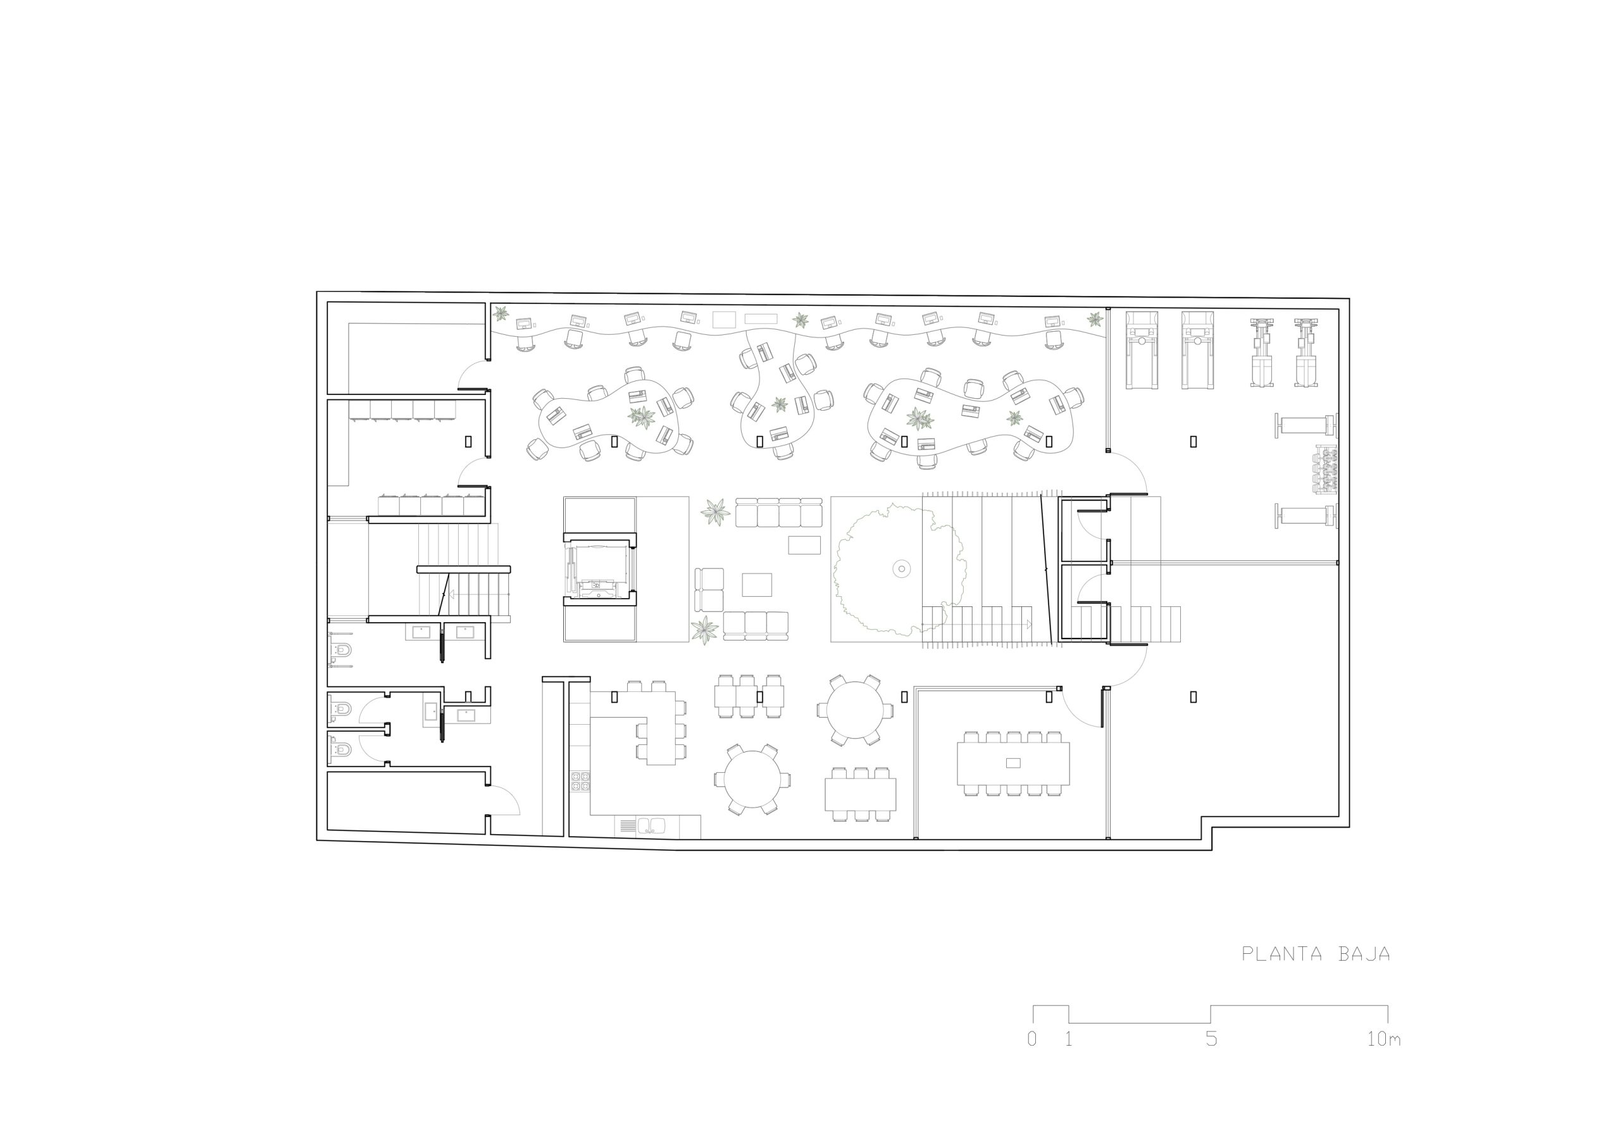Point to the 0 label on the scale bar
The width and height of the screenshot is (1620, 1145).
click(1032, 1039)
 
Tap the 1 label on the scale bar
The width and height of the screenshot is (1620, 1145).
click(1069, 1039)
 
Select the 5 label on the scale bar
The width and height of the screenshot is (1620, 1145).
click(1211, 1039)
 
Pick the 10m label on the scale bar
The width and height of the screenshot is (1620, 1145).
click(1383, 1039)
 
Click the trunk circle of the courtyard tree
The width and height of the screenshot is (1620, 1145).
click(901, 568)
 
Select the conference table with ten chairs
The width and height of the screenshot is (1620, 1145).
click(1013, 763)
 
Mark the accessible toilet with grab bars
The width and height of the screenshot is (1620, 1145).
click(341, 649)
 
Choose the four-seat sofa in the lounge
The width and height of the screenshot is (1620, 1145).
click(779, 512)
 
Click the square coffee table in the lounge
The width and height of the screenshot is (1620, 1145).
click(757, 584)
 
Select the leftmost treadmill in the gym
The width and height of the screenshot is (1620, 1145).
click(1141, 350)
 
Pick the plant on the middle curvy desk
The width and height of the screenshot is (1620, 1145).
click(779, 404)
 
